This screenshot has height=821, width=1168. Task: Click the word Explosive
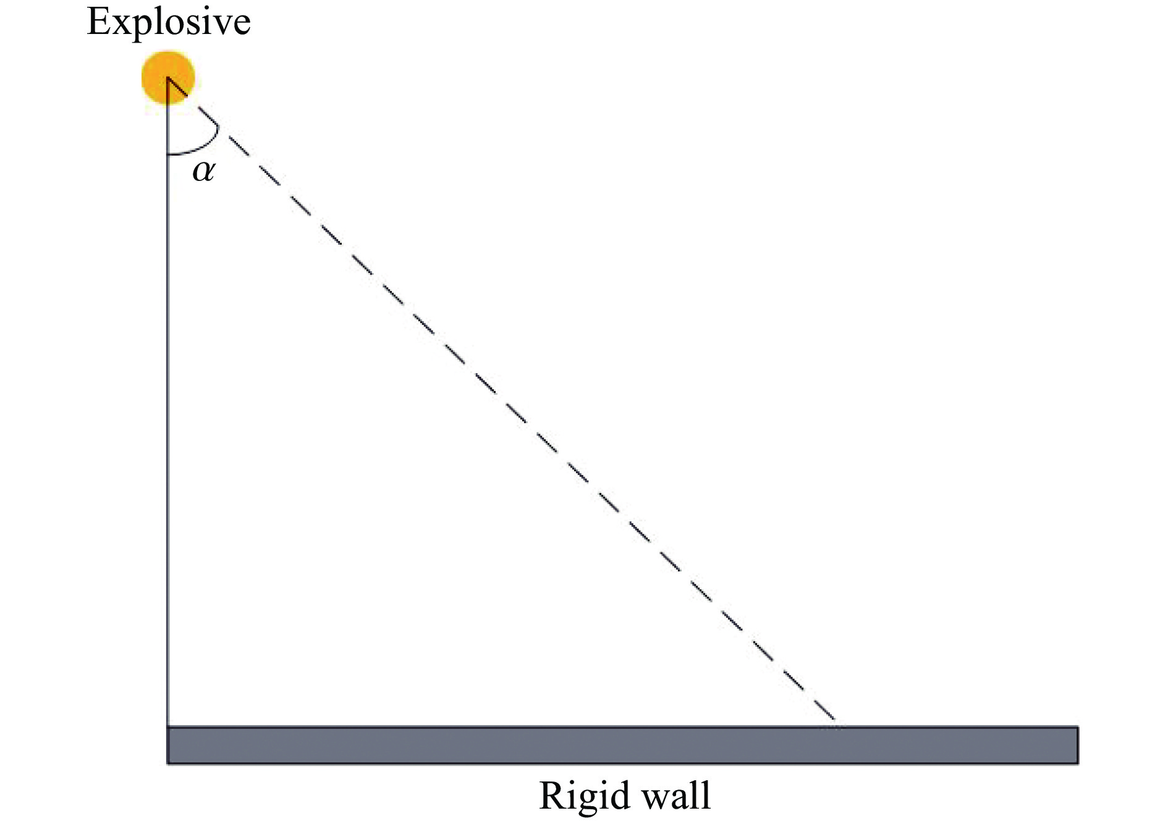point(169,23)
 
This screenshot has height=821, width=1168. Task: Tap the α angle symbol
point(203,171)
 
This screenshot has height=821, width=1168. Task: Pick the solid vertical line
point(167,432)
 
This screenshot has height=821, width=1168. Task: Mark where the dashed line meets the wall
point(836,725)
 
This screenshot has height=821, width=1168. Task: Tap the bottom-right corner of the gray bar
point(1078,764)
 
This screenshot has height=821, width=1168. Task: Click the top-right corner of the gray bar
point(1078,727)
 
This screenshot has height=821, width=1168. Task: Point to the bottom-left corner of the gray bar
point(168,764)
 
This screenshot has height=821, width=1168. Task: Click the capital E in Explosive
point(99,22)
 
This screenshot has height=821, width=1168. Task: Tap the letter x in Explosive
point(122,25)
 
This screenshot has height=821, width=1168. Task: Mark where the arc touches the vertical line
point(167,153)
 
